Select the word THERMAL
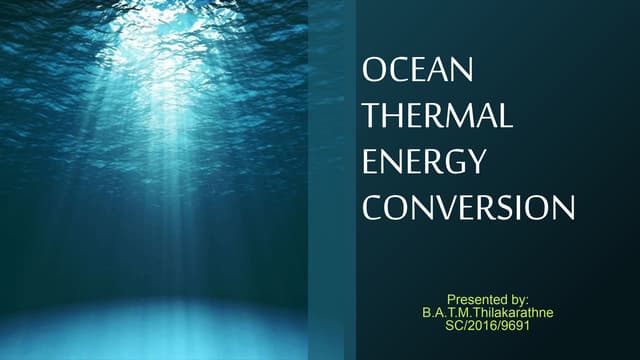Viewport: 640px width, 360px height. [437, 116]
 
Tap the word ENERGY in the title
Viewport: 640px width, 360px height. [423, 162]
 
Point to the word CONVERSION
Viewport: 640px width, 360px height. [468, 208]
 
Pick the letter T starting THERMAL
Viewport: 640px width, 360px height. [371, 116]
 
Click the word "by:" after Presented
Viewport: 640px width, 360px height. [520, 299]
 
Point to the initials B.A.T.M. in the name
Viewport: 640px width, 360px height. [445, 312]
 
